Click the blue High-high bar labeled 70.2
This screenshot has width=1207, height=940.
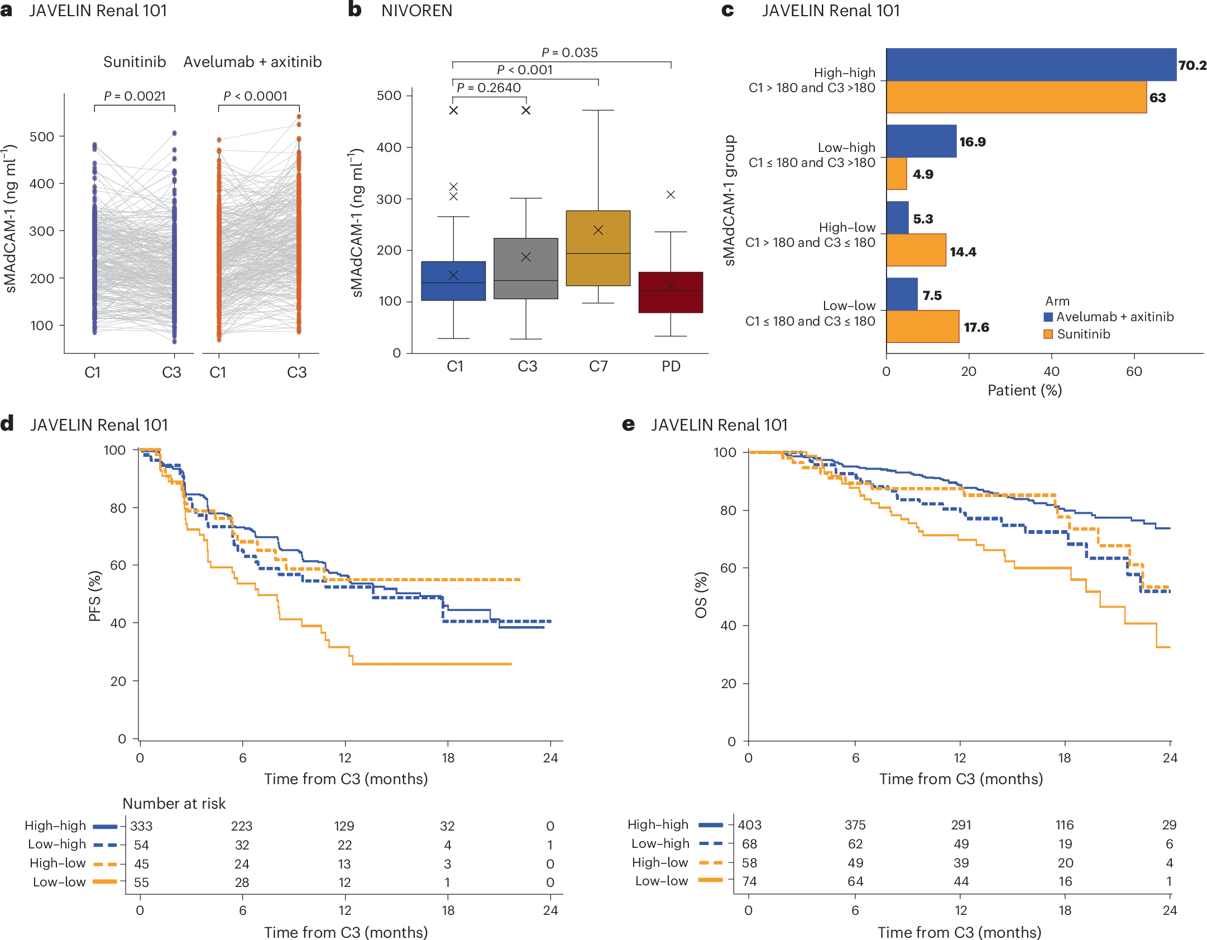1030,65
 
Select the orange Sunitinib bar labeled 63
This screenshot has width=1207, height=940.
1016,97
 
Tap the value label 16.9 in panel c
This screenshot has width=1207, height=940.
972,142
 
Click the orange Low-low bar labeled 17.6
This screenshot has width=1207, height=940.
922,326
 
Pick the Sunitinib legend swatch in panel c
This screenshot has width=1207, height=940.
1048,334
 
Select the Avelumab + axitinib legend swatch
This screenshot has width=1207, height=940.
1048,317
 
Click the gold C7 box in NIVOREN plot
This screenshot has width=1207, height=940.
598,248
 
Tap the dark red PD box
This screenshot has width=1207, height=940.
670,292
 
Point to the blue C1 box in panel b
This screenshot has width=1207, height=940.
453,281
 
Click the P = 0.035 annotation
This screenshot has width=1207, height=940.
569,53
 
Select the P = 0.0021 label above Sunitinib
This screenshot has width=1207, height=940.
135,96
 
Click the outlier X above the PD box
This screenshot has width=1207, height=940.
670,194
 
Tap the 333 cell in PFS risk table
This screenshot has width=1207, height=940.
141,826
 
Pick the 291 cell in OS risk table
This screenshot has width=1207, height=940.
961,825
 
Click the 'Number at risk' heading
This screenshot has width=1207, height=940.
174,803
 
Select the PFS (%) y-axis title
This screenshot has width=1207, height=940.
94,596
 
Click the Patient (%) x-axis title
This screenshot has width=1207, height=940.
1024,390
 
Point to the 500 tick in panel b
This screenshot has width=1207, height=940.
389,96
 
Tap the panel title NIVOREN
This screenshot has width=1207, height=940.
416,11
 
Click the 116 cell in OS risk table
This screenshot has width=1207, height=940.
1065,825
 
